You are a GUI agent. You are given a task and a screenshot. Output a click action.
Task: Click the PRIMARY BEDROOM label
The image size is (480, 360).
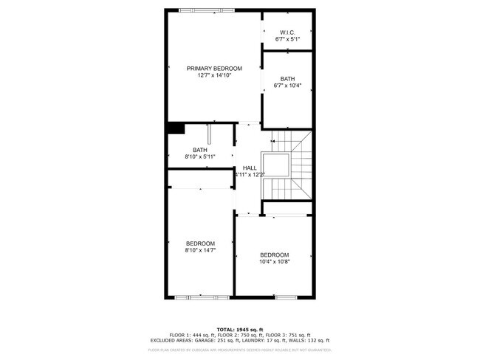coord(214,68)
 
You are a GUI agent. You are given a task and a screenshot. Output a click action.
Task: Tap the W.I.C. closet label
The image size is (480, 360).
coord(287,32)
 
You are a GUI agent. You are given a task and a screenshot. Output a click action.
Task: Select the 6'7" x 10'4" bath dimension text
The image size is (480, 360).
coord(287,86)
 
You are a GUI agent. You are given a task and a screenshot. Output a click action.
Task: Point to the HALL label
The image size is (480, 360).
coord(250,167)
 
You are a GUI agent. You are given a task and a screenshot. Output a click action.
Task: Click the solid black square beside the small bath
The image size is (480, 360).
coord(175,128)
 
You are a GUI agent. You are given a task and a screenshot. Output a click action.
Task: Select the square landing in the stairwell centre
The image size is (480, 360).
coord(278,166)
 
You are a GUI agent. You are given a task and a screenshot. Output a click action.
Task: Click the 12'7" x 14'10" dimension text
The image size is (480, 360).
coord(214,75)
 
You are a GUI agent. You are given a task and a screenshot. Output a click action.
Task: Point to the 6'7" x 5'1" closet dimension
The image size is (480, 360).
coord(287,39)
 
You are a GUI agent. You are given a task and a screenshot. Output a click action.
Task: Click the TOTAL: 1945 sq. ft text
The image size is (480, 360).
coord(239,329)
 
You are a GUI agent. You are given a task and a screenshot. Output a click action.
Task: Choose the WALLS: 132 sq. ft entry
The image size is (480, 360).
coord(312,340)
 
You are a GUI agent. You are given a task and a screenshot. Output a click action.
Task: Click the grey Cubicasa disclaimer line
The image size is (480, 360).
coord(239,350)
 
